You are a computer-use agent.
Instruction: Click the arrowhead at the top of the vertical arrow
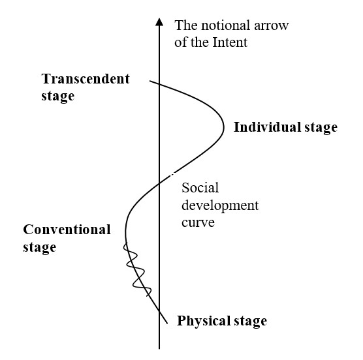(159, 22)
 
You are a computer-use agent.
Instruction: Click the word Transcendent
(86, 79)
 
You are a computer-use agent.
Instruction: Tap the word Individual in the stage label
(268, 127)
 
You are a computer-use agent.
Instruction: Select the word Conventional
(67, 230)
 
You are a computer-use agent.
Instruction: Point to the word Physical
(204, 321)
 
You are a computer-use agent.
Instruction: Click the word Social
(200, 188)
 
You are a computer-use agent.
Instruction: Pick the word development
(220, 205)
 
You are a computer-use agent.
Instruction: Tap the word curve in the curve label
(198, 222)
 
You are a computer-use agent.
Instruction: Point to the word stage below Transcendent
(58, 97)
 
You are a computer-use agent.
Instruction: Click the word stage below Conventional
(40, 248)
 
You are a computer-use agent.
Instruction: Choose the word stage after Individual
(321, 128)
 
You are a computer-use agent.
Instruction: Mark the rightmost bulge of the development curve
(224, 127)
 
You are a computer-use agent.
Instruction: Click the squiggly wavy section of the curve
(137, 269)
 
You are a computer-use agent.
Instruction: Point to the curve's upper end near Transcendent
(150, 81)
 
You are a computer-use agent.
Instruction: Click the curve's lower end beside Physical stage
(167, 323)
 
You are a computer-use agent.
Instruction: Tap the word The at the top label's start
(185, 25)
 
